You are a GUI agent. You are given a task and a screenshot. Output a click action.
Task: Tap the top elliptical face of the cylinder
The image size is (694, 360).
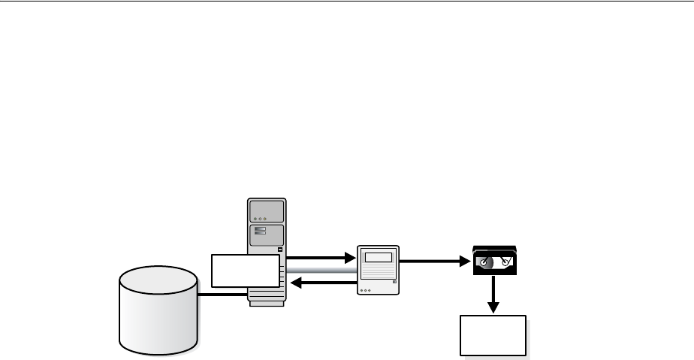(158, 281)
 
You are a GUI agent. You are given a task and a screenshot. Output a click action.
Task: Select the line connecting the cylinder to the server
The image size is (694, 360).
(223, 294)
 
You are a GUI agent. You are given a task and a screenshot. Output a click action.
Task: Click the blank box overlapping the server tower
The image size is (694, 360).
(245, 271)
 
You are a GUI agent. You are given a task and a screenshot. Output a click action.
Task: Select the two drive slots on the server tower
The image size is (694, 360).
(261, 231)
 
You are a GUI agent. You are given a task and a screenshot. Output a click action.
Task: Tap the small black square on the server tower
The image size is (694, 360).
(281, 250)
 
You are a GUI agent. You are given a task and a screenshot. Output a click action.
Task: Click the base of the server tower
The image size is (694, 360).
(267, 301)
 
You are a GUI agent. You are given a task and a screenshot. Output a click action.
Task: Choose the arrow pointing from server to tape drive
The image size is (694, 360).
(320, 258)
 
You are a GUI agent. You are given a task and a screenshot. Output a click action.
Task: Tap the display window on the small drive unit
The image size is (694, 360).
(378, 257)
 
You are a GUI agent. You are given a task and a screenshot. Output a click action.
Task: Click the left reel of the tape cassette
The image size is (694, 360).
(485, 263)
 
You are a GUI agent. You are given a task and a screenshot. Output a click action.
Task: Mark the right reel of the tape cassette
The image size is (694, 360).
(506, 262)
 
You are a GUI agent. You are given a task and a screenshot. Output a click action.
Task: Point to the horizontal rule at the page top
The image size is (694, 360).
(347, 2)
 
